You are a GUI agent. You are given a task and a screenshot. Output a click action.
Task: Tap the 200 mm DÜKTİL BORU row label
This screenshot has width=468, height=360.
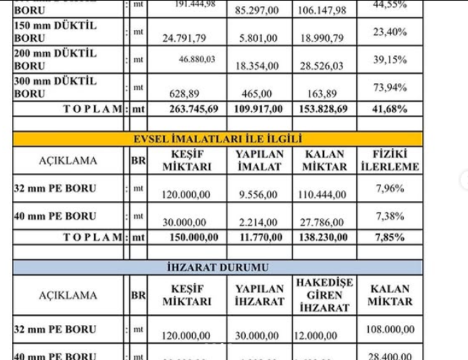(x=55, y=59)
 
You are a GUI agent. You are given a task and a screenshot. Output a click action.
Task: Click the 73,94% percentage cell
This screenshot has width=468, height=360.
(x=390, y=89)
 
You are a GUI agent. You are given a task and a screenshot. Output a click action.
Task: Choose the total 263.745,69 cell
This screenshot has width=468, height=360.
(x=193, y=109)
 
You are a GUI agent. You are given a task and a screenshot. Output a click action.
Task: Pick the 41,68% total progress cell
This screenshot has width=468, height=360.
(x=390, y=109)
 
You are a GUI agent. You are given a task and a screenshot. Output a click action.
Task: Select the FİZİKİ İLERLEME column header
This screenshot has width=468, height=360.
(x=390, y=160)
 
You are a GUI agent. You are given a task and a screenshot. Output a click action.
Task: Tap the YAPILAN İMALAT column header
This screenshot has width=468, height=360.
(x=260, y=160)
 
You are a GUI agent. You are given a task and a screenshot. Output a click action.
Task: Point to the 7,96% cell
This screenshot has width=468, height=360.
(x=390, y=188)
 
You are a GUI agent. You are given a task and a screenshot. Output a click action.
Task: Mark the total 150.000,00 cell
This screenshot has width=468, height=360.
(x=193, y=237)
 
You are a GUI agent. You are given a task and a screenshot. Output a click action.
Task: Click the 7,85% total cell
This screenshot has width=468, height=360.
(x=390, y=237)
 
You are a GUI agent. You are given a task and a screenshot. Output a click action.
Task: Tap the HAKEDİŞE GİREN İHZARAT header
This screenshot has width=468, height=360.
(x=324, y=294)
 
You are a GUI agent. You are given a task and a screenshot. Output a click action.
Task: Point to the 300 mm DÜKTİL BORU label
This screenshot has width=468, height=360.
(x=55, y=87)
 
